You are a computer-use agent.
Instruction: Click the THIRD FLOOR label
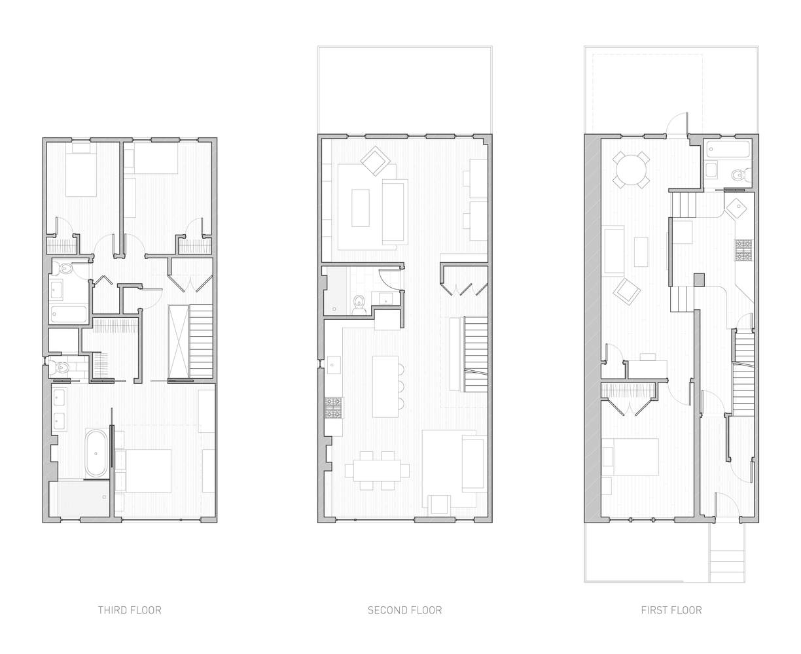pos(130,610)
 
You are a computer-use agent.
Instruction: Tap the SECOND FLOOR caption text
pos(404,610)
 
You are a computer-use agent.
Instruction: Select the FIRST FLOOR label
pos(671,610)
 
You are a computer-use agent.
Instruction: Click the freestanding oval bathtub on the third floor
pos(96,453)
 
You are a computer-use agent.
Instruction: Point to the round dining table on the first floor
pos(630,170)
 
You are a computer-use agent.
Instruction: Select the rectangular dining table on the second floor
pos(377,470)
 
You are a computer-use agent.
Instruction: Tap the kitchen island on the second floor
pos(385,387)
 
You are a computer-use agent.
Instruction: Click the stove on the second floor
pos(334,407)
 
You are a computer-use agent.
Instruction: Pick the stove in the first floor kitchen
pos(743,250)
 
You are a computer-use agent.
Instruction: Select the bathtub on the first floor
pos(727,149)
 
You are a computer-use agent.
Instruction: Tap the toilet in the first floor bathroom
pos(741,175)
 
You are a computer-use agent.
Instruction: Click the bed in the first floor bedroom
pos(635,457)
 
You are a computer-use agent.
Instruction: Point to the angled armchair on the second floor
pos(375,161)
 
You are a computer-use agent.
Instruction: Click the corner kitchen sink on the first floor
pos(738,207)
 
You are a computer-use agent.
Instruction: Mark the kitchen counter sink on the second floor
pos(332,365)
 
